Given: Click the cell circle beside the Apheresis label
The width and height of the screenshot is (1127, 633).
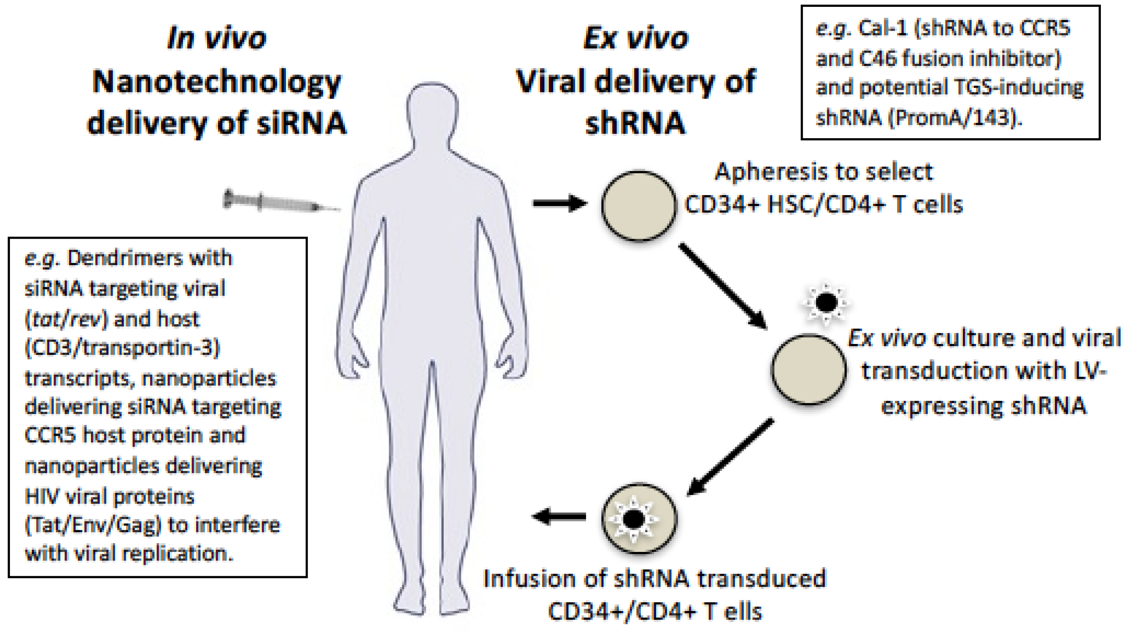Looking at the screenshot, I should (x=639, y=205).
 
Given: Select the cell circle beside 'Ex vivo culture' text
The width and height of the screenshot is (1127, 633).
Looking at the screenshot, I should (x=808, y=369).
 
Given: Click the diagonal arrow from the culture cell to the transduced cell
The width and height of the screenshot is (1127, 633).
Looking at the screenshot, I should (x=731, y=457).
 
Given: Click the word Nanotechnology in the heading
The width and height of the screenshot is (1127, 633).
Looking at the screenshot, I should (x=217, y=82).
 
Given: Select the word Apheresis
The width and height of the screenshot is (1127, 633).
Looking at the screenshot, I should (x=761, y=172).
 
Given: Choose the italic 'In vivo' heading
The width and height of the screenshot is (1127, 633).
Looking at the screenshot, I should (x=217, y=39).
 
